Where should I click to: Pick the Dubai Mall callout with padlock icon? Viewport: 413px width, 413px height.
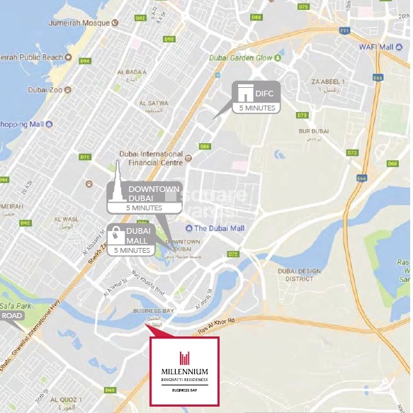click(131, 240)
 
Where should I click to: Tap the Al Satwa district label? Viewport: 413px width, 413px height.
click(153, 104)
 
